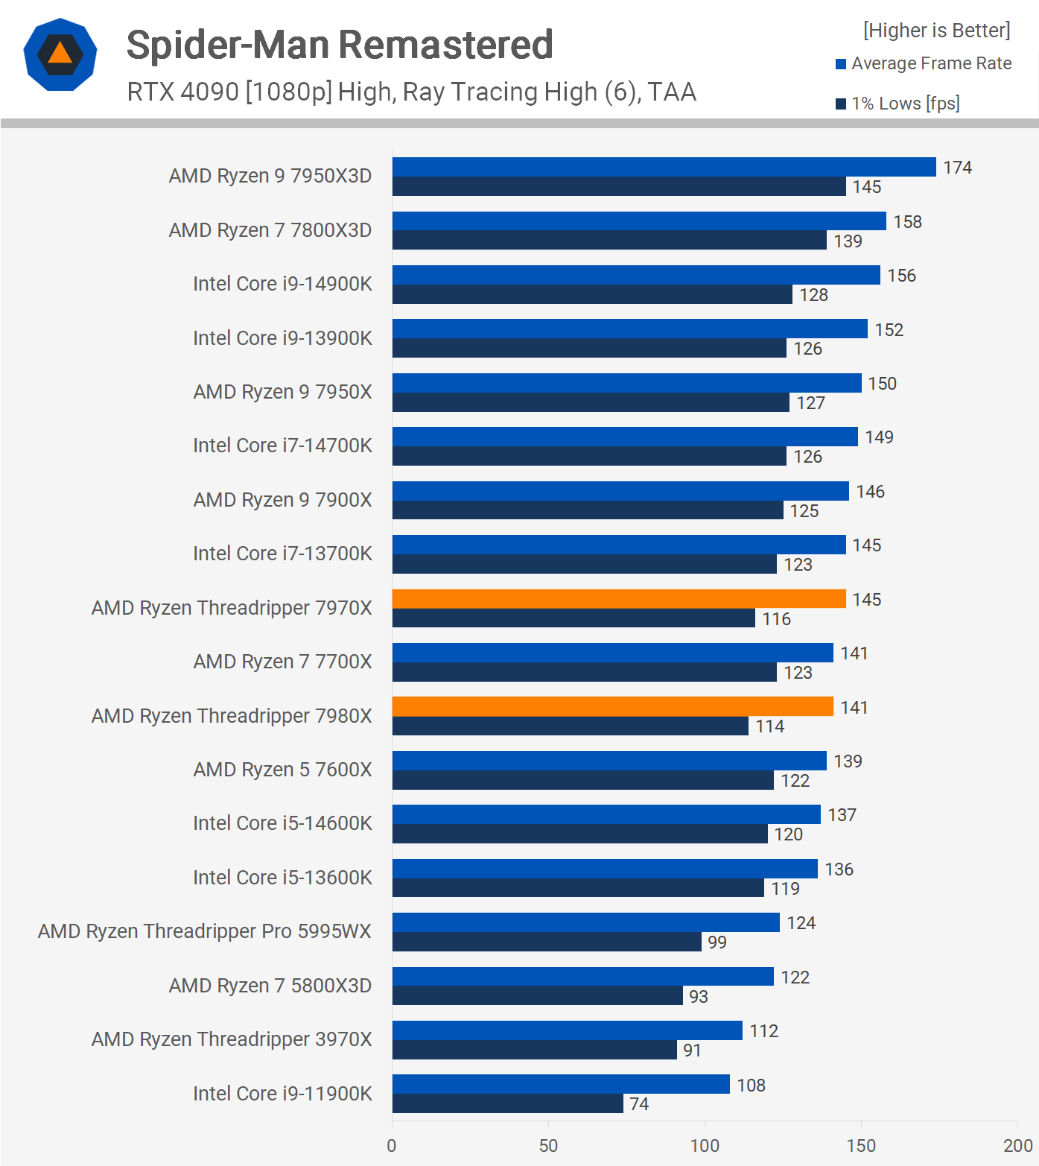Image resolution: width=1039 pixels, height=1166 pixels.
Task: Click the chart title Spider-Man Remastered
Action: click(x=340, y=45)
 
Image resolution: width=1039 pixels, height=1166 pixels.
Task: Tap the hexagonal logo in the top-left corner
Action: click(x=60, y=54)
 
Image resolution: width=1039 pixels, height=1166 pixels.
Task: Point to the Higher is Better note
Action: click(x=936, y=31)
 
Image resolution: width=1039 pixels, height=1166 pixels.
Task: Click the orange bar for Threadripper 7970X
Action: click(x=618, y=599)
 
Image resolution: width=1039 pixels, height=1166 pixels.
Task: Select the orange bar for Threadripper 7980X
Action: click(x=612, y=706)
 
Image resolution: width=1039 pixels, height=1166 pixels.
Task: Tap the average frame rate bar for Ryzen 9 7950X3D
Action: click(x=664, y=167)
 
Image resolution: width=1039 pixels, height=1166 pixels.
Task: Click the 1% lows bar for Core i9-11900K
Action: click(x=507, y=1103)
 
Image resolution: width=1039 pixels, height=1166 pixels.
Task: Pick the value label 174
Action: click(x=957, y=168)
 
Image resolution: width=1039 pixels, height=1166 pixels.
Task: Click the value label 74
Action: click(x=639, y=1104)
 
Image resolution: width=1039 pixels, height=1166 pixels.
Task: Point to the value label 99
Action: click(x=717, y=942)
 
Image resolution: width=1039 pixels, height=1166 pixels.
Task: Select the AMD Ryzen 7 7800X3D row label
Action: click(x=270, y=230)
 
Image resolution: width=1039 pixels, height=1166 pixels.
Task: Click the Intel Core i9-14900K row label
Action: click(x=282, y=284)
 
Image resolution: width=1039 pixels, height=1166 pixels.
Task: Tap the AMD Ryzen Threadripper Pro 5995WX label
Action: click(x=204, y=931)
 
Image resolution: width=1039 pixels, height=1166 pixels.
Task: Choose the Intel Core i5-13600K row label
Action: click(x=282, y=878)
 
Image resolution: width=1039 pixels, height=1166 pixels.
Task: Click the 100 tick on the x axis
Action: click(x=705, y=1145)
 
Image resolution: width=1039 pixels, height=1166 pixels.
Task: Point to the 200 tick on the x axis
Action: click(x=1017, y=1145)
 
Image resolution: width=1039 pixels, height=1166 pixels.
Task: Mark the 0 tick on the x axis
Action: click(x=392, y=1145)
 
